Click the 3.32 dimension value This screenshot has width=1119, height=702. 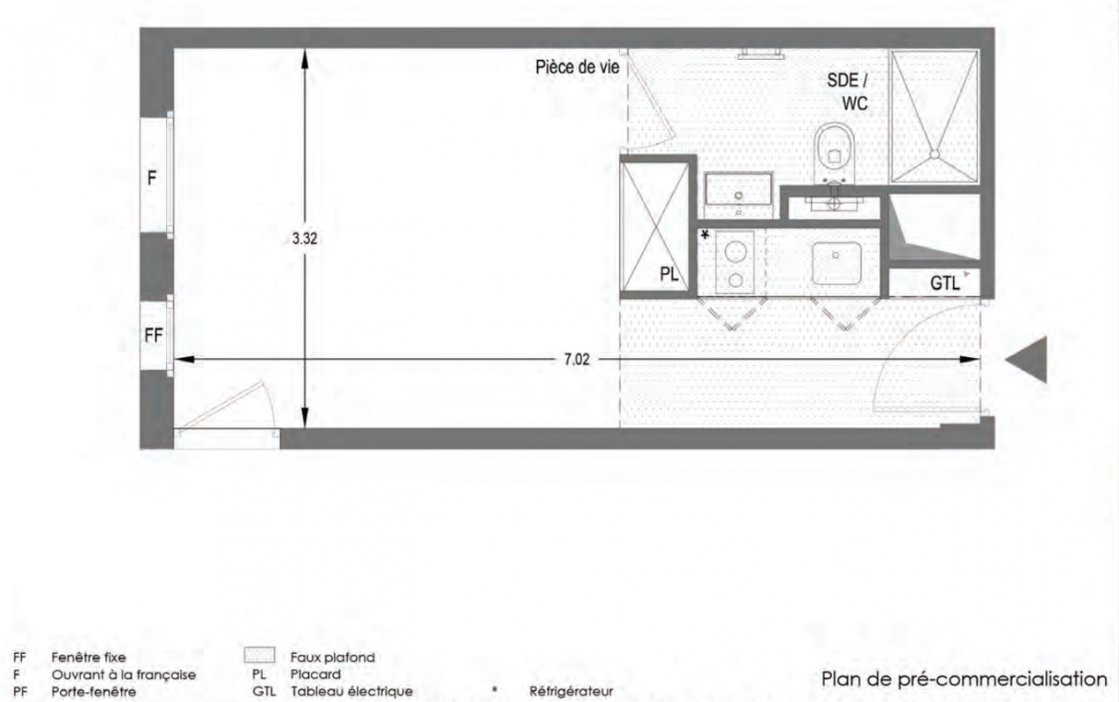point(305,239)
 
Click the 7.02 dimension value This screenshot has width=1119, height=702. point(577,359)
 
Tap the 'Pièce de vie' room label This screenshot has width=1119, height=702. point(577,67)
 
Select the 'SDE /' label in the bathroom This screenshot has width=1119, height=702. point(848,81)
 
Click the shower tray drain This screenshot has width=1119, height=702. point(935,154)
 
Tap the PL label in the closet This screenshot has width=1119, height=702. point(669,274)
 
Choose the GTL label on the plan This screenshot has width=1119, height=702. point(945,283)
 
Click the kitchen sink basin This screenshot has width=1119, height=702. point(836,263)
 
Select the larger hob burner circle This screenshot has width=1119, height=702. point(735,252)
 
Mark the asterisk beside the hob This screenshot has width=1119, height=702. point(705,234)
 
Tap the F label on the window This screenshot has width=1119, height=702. point(152,178)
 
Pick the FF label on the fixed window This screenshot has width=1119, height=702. point(154,335)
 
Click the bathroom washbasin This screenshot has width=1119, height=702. point(739,189)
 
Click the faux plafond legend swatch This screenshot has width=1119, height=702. point(259,655)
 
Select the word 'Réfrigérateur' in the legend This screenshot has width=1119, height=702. point(571,691)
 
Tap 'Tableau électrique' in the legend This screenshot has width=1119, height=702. point(352,691)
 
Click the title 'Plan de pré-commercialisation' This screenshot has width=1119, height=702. point(964,679)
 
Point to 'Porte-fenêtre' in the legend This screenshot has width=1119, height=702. point(94,692)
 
